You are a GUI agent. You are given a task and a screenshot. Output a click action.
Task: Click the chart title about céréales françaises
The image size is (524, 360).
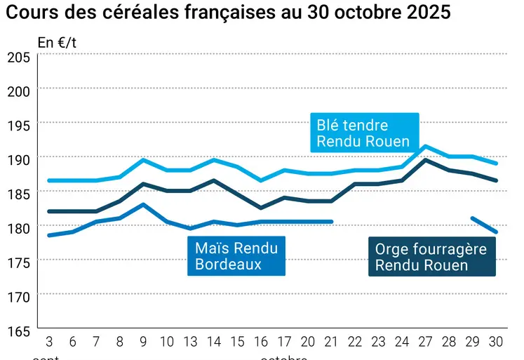(228, 13)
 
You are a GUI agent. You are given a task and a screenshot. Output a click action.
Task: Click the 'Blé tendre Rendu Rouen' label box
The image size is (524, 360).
(364, 133)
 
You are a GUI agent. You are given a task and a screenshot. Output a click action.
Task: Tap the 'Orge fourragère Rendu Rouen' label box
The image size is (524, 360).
(431, 257)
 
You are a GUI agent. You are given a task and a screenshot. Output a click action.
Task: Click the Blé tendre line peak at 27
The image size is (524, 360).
(426, 146)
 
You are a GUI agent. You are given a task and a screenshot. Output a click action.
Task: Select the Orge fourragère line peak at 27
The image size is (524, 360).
(426, 160)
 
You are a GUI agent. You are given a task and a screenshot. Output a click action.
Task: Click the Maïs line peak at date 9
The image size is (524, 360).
(143, 204)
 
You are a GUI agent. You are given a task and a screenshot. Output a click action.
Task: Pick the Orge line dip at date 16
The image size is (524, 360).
(261, 208)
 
